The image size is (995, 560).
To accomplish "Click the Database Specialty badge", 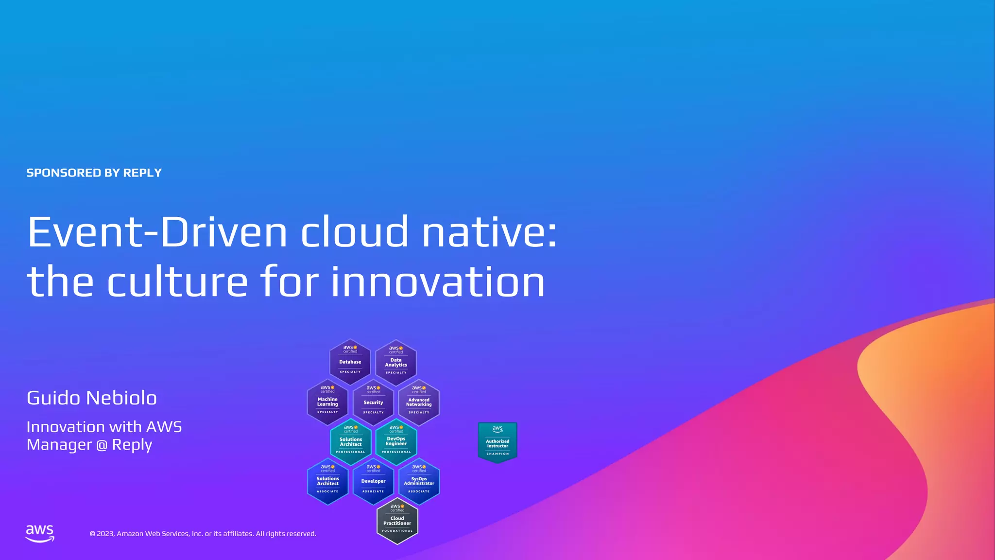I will [x=350, y=362].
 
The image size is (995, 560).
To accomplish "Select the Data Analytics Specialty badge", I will [x=396, y=363].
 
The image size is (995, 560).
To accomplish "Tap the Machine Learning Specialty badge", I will [x=327, y=402].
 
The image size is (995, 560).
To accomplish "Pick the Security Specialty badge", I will [x=373, y=402].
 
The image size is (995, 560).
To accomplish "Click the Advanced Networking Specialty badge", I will [x=419, y=402].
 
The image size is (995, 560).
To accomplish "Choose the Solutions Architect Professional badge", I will [x=350, y=442].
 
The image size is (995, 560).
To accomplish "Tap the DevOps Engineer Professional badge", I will [x=396, y=442].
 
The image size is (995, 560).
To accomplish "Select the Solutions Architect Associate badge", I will [x=328, y=481].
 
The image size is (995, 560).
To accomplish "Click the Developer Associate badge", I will [x=373, y=481].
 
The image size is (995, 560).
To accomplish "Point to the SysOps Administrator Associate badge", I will [x=419, y=481].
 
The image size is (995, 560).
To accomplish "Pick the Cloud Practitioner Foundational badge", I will [x=397, y=521].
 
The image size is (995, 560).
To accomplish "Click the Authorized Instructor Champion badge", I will [x=497, y=442].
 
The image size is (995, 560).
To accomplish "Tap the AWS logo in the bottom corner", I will [x=40, y=533].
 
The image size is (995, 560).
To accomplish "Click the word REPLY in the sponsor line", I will [x=142, y=173].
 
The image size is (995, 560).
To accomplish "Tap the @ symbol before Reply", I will [x=102, y=445].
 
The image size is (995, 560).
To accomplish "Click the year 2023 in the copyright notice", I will [x=105, y=534].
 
